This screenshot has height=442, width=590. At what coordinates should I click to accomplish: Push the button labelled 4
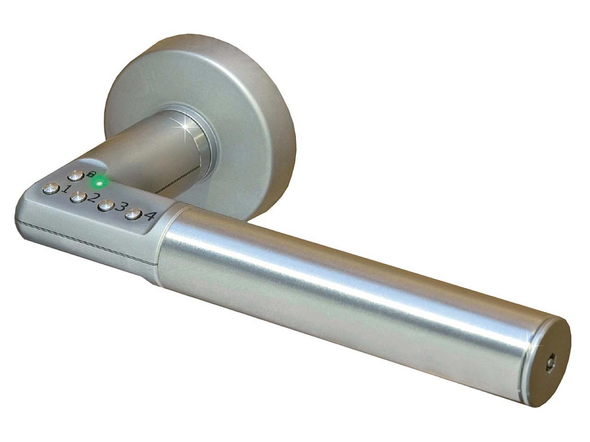(132, 214)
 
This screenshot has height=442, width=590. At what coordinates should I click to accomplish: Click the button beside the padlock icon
(75, 176)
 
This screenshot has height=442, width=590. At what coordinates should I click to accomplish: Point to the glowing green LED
(100, 184)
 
